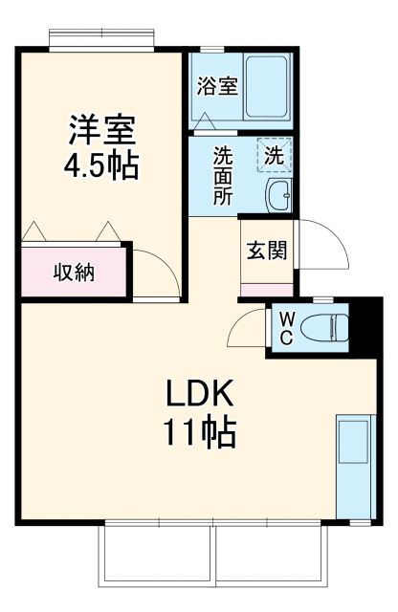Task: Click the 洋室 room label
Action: (101, 129)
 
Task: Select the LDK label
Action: (201, 393)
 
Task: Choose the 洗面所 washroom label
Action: (223, 174)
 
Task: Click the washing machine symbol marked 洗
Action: (275, 153)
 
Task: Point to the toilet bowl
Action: (325, 330)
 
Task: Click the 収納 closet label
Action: (73, 272)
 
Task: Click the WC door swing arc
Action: (246, 330)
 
